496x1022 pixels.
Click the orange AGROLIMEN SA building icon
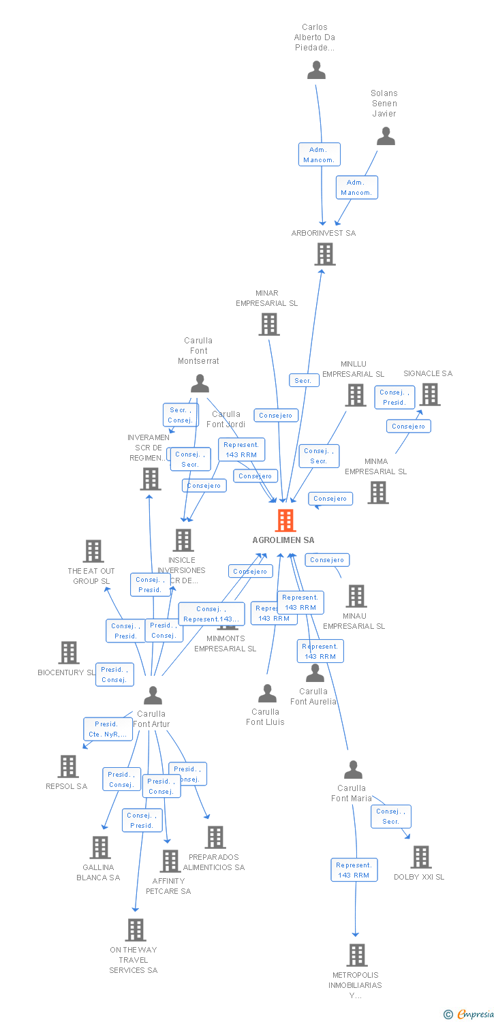pos(285,521)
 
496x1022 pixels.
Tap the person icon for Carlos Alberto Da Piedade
pos(316,70)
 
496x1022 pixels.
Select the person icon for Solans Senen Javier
pos(386,136)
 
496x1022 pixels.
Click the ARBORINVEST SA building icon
pos(325,254)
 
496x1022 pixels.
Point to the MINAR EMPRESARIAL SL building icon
pos(269,324)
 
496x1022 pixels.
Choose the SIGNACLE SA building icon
pos(430,394)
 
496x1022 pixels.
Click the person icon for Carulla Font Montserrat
pos(200,384)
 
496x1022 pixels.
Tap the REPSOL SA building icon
pos(68,766)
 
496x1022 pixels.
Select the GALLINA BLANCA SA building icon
pos(100,848)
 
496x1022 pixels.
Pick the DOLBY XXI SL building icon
pos(421,857)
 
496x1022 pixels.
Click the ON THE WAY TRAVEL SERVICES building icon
pos(136,930)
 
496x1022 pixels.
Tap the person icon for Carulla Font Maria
pos(353,770)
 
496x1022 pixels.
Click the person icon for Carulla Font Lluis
pos(267,694)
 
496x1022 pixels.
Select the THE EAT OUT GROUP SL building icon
pos(93,551)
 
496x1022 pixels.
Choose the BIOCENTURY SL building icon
pos(68,653)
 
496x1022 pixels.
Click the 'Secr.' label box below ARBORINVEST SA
pos(303,381)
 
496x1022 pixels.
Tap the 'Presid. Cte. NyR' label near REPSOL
pos(107,729)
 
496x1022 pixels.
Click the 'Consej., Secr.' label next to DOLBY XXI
pos(390,816)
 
